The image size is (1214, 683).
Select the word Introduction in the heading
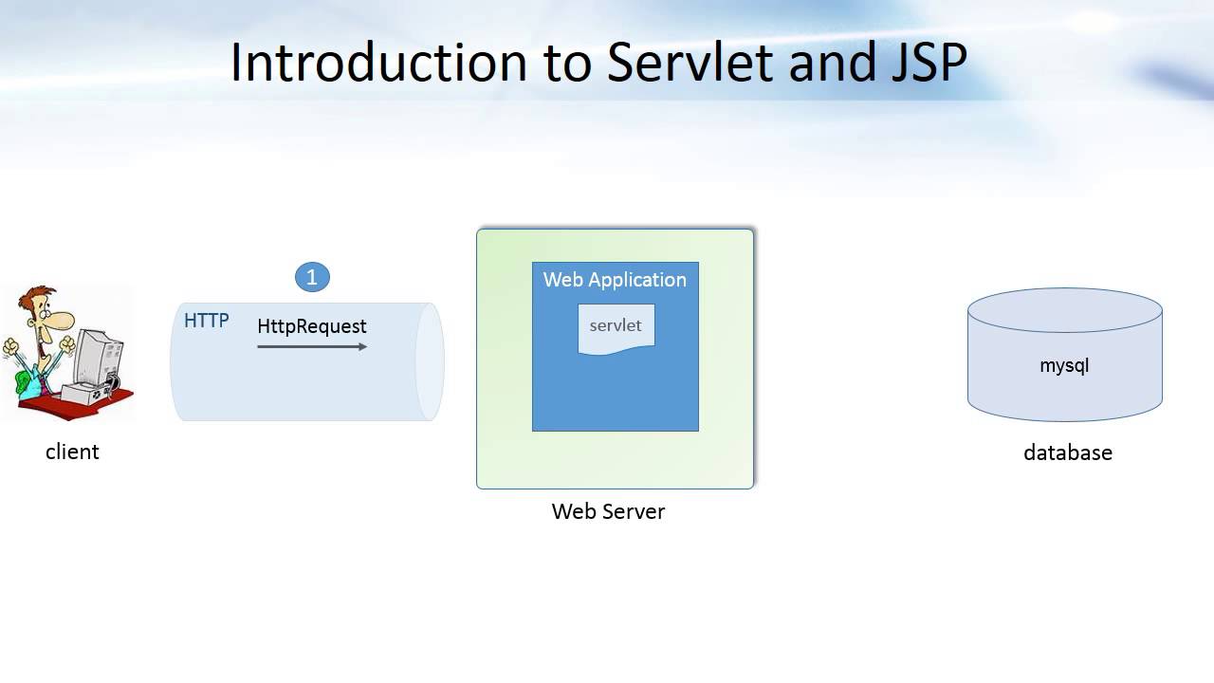tap(378, 63)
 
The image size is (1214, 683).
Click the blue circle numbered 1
tap(312, 277)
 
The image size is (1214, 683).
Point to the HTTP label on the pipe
tap(206, 321)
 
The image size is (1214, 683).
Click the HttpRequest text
tap(312, 326)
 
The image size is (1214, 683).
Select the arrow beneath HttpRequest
tap(312, 347)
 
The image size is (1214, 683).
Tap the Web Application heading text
tap(615, 280)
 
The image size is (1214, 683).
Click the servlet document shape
tap(616, 328)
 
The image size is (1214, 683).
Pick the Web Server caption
tap(608, 511)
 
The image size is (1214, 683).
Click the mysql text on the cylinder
tap(1064, 365)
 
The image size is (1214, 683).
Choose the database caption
tap(1067, 452)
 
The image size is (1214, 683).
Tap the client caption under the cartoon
tap(72, 452)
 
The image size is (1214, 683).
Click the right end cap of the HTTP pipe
tap(430, 361)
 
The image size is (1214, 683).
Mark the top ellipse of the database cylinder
tap(1064, 310)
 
